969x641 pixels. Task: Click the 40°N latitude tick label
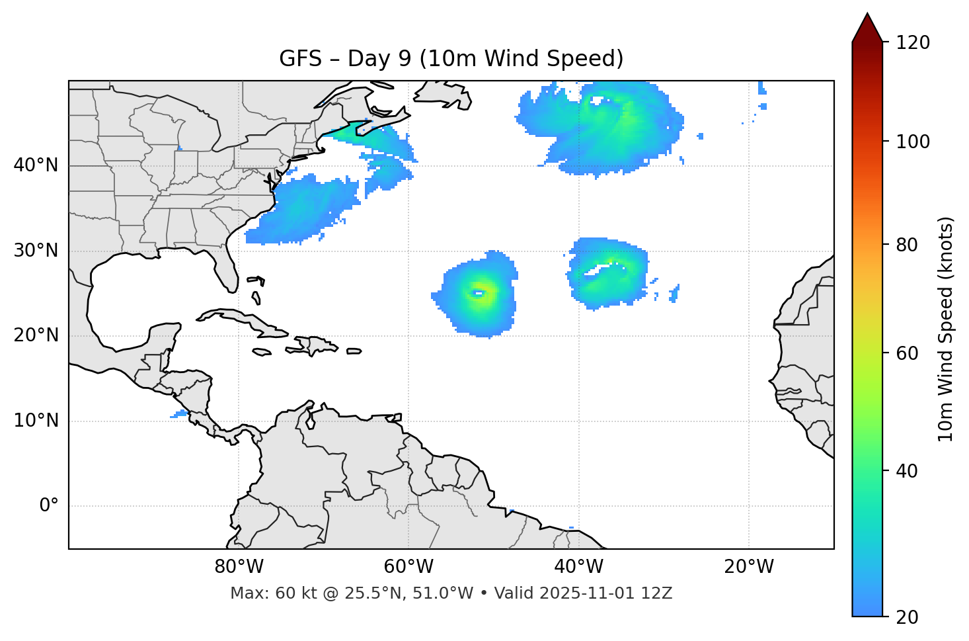coord(36,165)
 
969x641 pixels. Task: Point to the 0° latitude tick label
coord(49,506)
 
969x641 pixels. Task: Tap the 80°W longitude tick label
coord(239,567)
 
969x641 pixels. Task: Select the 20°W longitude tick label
coord(749,567)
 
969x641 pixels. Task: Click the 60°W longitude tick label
coord(408,567)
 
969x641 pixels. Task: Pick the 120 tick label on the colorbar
coord(913,42)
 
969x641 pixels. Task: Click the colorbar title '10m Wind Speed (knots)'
coord(946,329)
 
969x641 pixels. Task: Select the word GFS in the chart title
coord(300,59)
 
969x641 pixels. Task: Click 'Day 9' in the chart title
coord(379,59)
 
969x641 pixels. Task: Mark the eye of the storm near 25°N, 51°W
coord(478,293)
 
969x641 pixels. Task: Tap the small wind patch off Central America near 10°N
coord(179,414)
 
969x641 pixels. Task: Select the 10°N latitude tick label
coord(36,421)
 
